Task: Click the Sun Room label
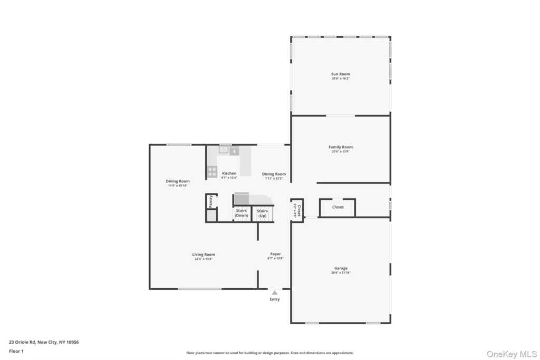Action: [340, 74]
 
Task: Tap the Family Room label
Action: [340, 147]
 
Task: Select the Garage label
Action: [340, 268]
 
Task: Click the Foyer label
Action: [275, 254]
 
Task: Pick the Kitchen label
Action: [229, 173]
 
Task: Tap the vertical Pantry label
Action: [210, 201]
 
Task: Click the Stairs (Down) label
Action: [242, 213]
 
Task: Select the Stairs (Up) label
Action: [262, 213]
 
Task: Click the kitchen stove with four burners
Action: [212, 171]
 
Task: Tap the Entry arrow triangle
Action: [274, 293]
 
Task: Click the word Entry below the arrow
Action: [274, 299]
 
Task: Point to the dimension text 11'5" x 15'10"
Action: [178, 186]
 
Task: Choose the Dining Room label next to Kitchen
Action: [274, 174]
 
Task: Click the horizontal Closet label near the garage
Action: [338, 207]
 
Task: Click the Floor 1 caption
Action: [16, 351]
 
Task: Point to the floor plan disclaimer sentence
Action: [269, 353]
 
